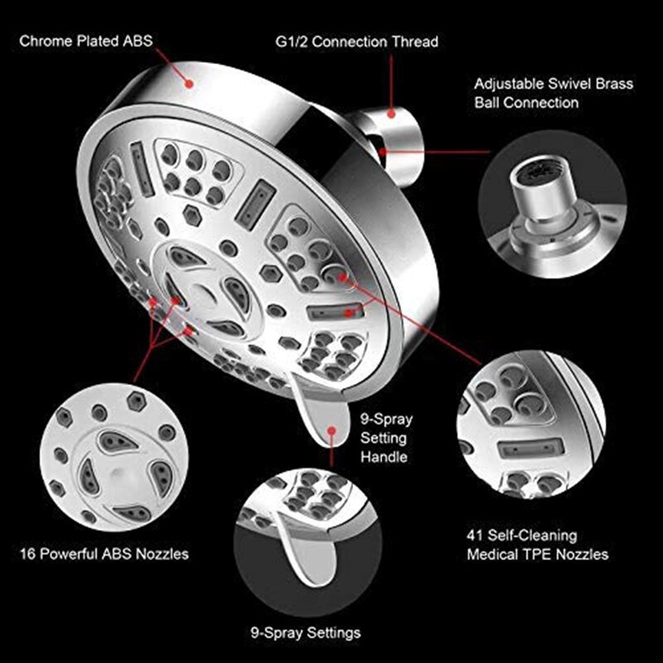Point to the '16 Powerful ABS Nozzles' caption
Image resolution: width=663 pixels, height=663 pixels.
click(x=104, y=553)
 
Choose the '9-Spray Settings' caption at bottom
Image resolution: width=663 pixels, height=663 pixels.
click(x=306, y=632)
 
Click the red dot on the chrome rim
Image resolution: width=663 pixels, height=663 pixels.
click(x=190, y=82)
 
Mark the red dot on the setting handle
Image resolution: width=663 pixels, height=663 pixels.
click(x=331, y=429)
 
